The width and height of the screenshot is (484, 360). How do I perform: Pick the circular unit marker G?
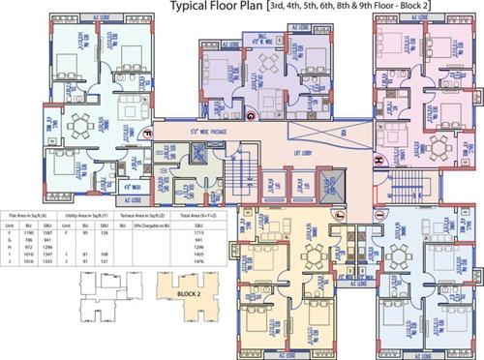tap(249, 117)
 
